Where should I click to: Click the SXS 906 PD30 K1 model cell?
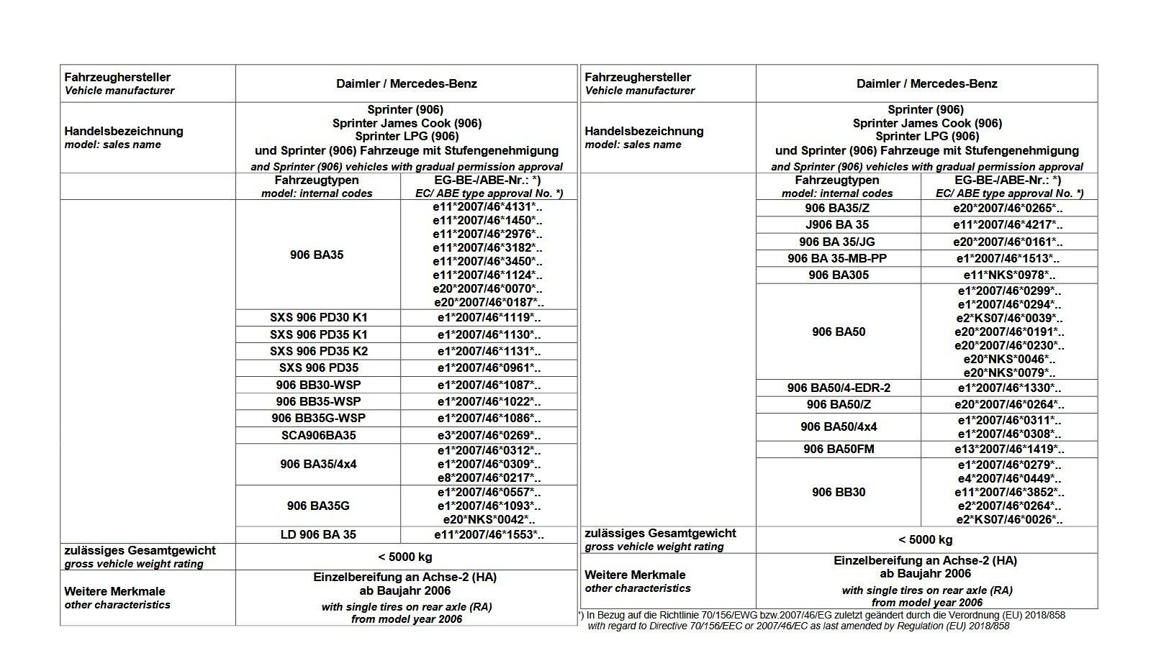(317, 318)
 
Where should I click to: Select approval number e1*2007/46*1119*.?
(489, 318)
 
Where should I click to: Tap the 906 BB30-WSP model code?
(317, 385)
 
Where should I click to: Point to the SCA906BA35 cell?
(317, 435)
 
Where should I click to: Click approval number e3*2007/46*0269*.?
(489, 435)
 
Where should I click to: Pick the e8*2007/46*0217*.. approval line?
(489, 478)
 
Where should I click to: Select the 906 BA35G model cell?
(317, 506)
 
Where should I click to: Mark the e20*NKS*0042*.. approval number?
(489, 519)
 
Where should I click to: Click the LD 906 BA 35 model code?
(317, 534)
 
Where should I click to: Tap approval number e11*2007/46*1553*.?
(489, 534)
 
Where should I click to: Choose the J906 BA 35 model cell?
(838, 224)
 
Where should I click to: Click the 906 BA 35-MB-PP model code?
(838, 258)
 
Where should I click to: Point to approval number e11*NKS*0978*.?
(1009, 275)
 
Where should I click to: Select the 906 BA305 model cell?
(838, 275)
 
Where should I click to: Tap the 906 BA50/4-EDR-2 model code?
(838, 388)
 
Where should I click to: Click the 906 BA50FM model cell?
(838, 449)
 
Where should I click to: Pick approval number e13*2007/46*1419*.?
(1009, 449)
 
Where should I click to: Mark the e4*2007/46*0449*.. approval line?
(1009, 478)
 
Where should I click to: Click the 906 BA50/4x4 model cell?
(838, 426)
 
